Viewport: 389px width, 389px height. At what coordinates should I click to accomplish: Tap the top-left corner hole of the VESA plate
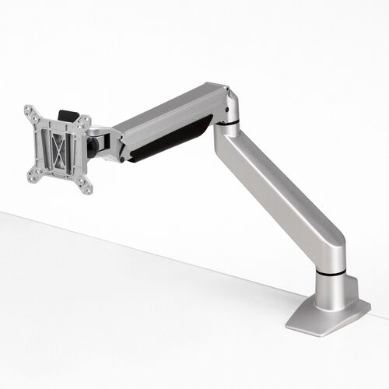[29, 110]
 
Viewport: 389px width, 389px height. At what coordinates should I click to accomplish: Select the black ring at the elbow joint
[227, 122]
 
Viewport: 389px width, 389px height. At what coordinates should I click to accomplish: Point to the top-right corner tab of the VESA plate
[85, 121]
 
